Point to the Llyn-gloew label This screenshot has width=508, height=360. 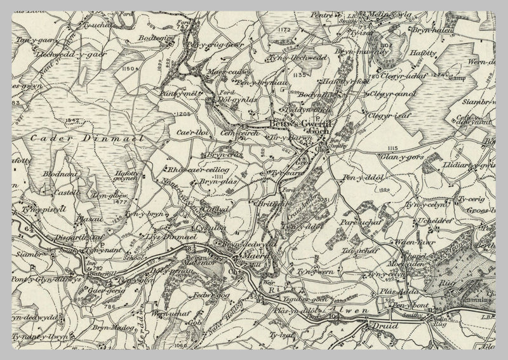pos(107,196)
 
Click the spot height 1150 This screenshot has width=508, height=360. pos(130,67)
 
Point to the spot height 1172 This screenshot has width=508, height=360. pos(283,29)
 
